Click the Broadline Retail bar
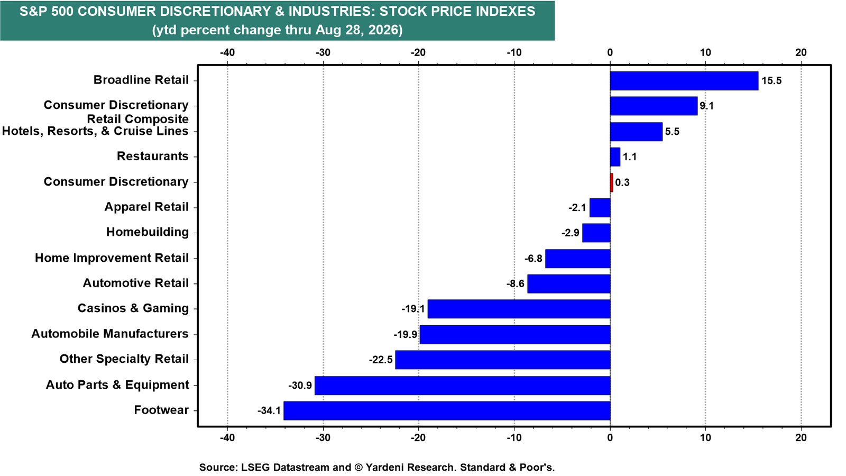click(684, 81)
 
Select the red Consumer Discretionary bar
click(611, 183)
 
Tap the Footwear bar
click(447, 410)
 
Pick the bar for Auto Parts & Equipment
click(462, 386)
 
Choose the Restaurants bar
click(615, 157)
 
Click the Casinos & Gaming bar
click(519, 309)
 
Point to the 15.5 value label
click(771, 81)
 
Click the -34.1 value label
click(269, 410)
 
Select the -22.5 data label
click(381, 360)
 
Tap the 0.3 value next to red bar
click(622, 183)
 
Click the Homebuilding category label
click(148, 232)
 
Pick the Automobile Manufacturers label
click(110, 334)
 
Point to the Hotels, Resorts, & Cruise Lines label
click(95, 131)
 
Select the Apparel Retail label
click(146, 207)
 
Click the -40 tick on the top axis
click(227, 53)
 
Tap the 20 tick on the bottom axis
click(801, 438)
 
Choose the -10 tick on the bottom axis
click(514, 438)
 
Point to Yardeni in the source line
click(385, 468)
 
